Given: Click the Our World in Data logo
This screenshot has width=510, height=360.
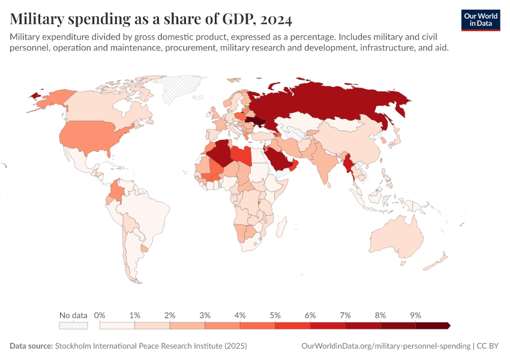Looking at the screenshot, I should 481,20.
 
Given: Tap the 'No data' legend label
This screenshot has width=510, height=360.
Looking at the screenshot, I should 73,315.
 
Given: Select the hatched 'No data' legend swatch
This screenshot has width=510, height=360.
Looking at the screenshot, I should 73,326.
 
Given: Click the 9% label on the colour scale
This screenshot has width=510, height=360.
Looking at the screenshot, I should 415,315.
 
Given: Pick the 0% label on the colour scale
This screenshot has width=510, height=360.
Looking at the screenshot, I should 100,315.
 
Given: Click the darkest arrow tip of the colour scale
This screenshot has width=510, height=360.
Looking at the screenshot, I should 448,326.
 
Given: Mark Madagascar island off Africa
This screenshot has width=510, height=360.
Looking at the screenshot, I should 286,232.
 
